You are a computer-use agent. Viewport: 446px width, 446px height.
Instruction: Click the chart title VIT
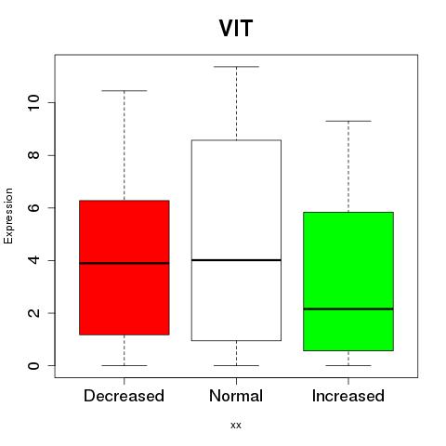pos(236,29)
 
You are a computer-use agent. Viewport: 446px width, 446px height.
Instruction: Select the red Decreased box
pos(125,268)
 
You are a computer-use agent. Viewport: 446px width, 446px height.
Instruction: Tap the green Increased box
pos(348,282)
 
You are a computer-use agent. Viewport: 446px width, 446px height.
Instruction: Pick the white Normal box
pos(236,241)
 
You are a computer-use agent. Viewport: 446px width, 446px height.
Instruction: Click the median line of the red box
pos(125,263)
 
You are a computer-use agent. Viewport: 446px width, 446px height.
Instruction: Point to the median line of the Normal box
pos(236,260)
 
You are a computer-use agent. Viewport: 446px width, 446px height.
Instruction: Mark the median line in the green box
pos(348,308)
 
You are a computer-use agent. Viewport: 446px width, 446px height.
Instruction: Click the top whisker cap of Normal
pos(236,67)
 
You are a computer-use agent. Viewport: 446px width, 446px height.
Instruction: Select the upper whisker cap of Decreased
pos(125,91)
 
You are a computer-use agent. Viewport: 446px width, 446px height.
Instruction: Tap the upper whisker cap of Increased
pos(348,121)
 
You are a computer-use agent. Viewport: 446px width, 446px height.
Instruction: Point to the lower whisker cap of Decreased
pos(125,365)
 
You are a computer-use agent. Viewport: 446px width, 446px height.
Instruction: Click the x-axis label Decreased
pos(124,396)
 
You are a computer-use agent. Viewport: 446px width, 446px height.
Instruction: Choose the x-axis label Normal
pos(236,396)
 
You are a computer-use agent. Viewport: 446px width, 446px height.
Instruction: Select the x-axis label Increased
pos(348,396)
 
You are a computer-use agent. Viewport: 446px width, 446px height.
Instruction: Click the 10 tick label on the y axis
pos(33,102)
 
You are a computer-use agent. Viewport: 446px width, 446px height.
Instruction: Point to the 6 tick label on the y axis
pos(33,207)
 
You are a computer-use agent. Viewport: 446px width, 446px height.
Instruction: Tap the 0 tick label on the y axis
pos(33,365)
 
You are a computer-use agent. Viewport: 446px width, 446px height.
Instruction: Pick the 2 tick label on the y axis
pos(33,313)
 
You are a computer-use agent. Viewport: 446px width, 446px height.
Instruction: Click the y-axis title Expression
pos(8,216)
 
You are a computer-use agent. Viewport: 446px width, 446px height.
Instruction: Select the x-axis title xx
pos(236,426)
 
